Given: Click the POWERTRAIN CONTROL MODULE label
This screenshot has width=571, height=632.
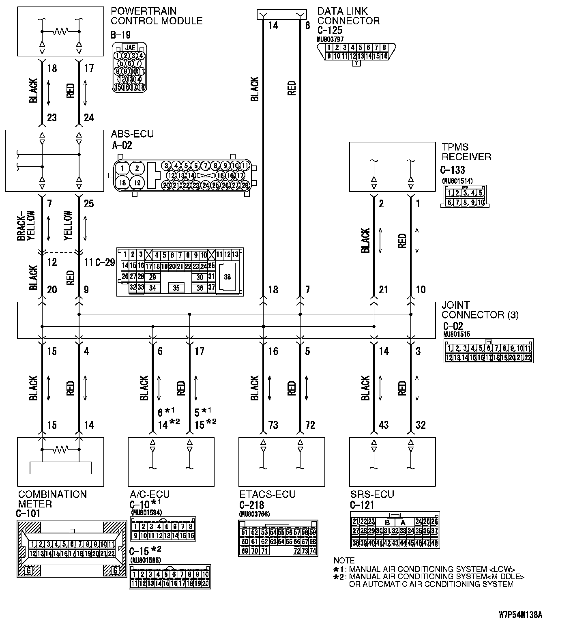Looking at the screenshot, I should pyautogui.click(x=157, y=15).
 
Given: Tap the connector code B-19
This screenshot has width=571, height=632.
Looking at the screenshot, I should pyautogui.click(x=120, y=35).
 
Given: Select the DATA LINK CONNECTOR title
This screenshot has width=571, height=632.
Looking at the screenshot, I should pyautogui.click(x=348, y=16).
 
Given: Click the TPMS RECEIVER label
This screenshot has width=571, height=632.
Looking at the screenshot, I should pyautogui.click(x=466, y=152).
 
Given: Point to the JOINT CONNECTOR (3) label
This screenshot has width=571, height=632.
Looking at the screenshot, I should pyautogui.click(x=480, y=310).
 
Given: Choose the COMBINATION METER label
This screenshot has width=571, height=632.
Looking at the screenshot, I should pyautogui.click(x=52, y=499).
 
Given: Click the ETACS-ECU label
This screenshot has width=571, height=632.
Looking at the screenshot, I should pyautogui.click(x=267, y=494).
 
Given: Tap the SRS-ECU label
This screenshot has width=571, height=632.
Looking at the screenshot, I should pyautogui.click(x=372, y=494).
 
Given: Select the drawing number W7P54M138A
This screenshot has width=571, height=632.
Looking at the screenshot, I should pyautogui.click(x=520, y=615).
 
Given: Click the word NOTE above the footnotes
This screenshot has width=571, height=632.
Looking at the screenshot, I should pyautogui.click(x=344, y=561).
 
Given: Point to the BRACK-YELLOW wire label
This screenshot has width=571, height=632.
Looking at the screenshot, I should pyautogui.click(x=26, y=226).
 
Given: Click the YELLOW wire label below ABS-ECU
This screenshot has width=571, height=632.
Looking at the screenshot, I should pyautogui.click(x=68, y=226).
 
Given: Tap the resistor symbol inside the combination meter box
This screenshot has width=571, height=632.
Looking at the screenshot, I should pyautogui.click(x=60, y=449).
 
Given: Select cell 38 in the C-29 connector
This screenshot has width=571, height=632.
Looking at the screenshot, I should pyautogui.click(x=227, y=277).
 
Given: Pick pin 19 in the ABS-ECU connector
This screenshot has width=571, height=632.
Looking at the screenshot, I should pyautogui.click(x=137, y=183).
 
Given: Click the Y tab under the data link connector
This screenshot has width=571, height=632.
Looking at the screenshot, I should pyautogui.click(x=356, y=63).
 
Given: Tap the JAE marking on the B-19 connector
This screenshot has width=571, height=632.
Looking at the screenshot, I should pyautogui.click(x=130, y=47).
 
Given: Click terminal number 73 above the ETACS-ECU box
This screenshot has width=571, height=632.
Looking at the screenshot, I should pyautogui.click(x=273, y=425).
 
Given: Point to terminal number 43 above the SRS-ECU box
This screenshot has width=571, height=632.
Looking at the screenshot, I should pyautogui.click(x=383, y=425).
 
